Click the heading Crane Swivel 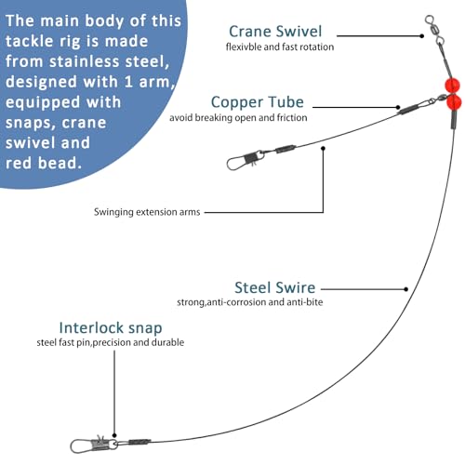(x=275, y=32)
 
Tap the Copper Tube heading (x=258, y=102)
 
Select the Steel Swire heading (x=275, y=287)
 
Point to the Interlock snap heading (x=111, y=328)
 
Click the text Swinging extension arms (x=147, y=212)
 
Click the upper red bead (x=452, y=86)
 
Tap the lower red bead (x=454, y=102)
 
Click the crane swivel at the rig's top (x=434, y=30)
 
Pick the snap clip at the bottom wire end (x=93, y=445)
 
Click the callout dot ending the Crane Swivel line (x=421, y=36)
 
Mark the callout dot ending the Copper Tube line (x=398, y=107)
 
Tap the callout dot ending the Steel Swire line (x=406, y=289)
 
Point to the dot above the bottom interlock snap (x=114, y=435)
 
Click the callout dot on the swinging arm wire (x=323, y=149)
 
